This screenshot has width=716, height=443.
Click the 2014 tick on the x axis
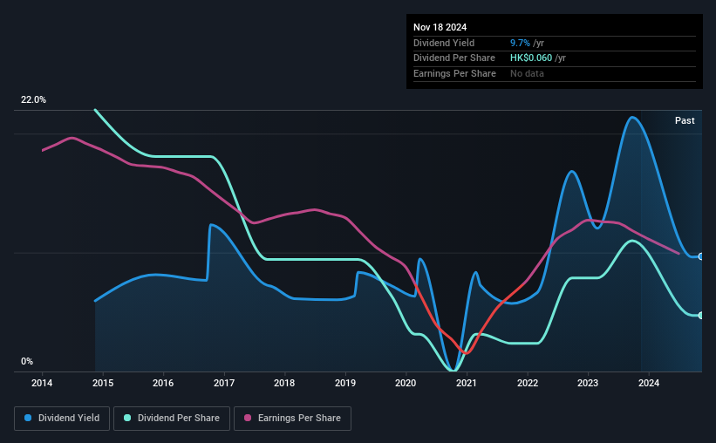point(43,382)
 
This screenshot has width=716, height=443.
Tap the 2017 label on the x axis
point(224,382)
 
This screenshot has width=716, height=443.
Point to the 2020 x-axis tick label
point(406,382)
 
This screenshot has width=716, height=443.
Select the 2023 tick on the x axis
point(588,382)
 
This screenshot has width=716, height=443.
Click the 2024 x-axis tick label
point(648,382)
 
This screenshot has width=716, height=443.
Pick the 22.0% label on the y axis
point(33,100)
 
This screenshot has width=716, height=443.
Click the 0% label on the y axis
point(27,362)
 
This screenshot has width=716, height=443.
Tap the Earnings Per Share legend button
point(292,419)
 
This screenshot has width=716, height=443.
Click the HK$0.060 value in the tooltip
point(532,58)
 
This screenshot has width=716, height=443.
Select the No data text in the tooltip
point(528,74)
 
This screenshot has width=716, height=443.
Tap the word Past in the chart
point(685,120)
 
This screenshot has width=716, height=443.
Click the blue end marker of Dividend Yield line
point(701,256)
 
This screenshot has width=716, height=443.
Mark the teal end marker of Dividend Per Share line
point(701,315)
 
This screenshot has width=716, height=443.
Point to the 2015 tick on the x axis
point(103,382)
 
